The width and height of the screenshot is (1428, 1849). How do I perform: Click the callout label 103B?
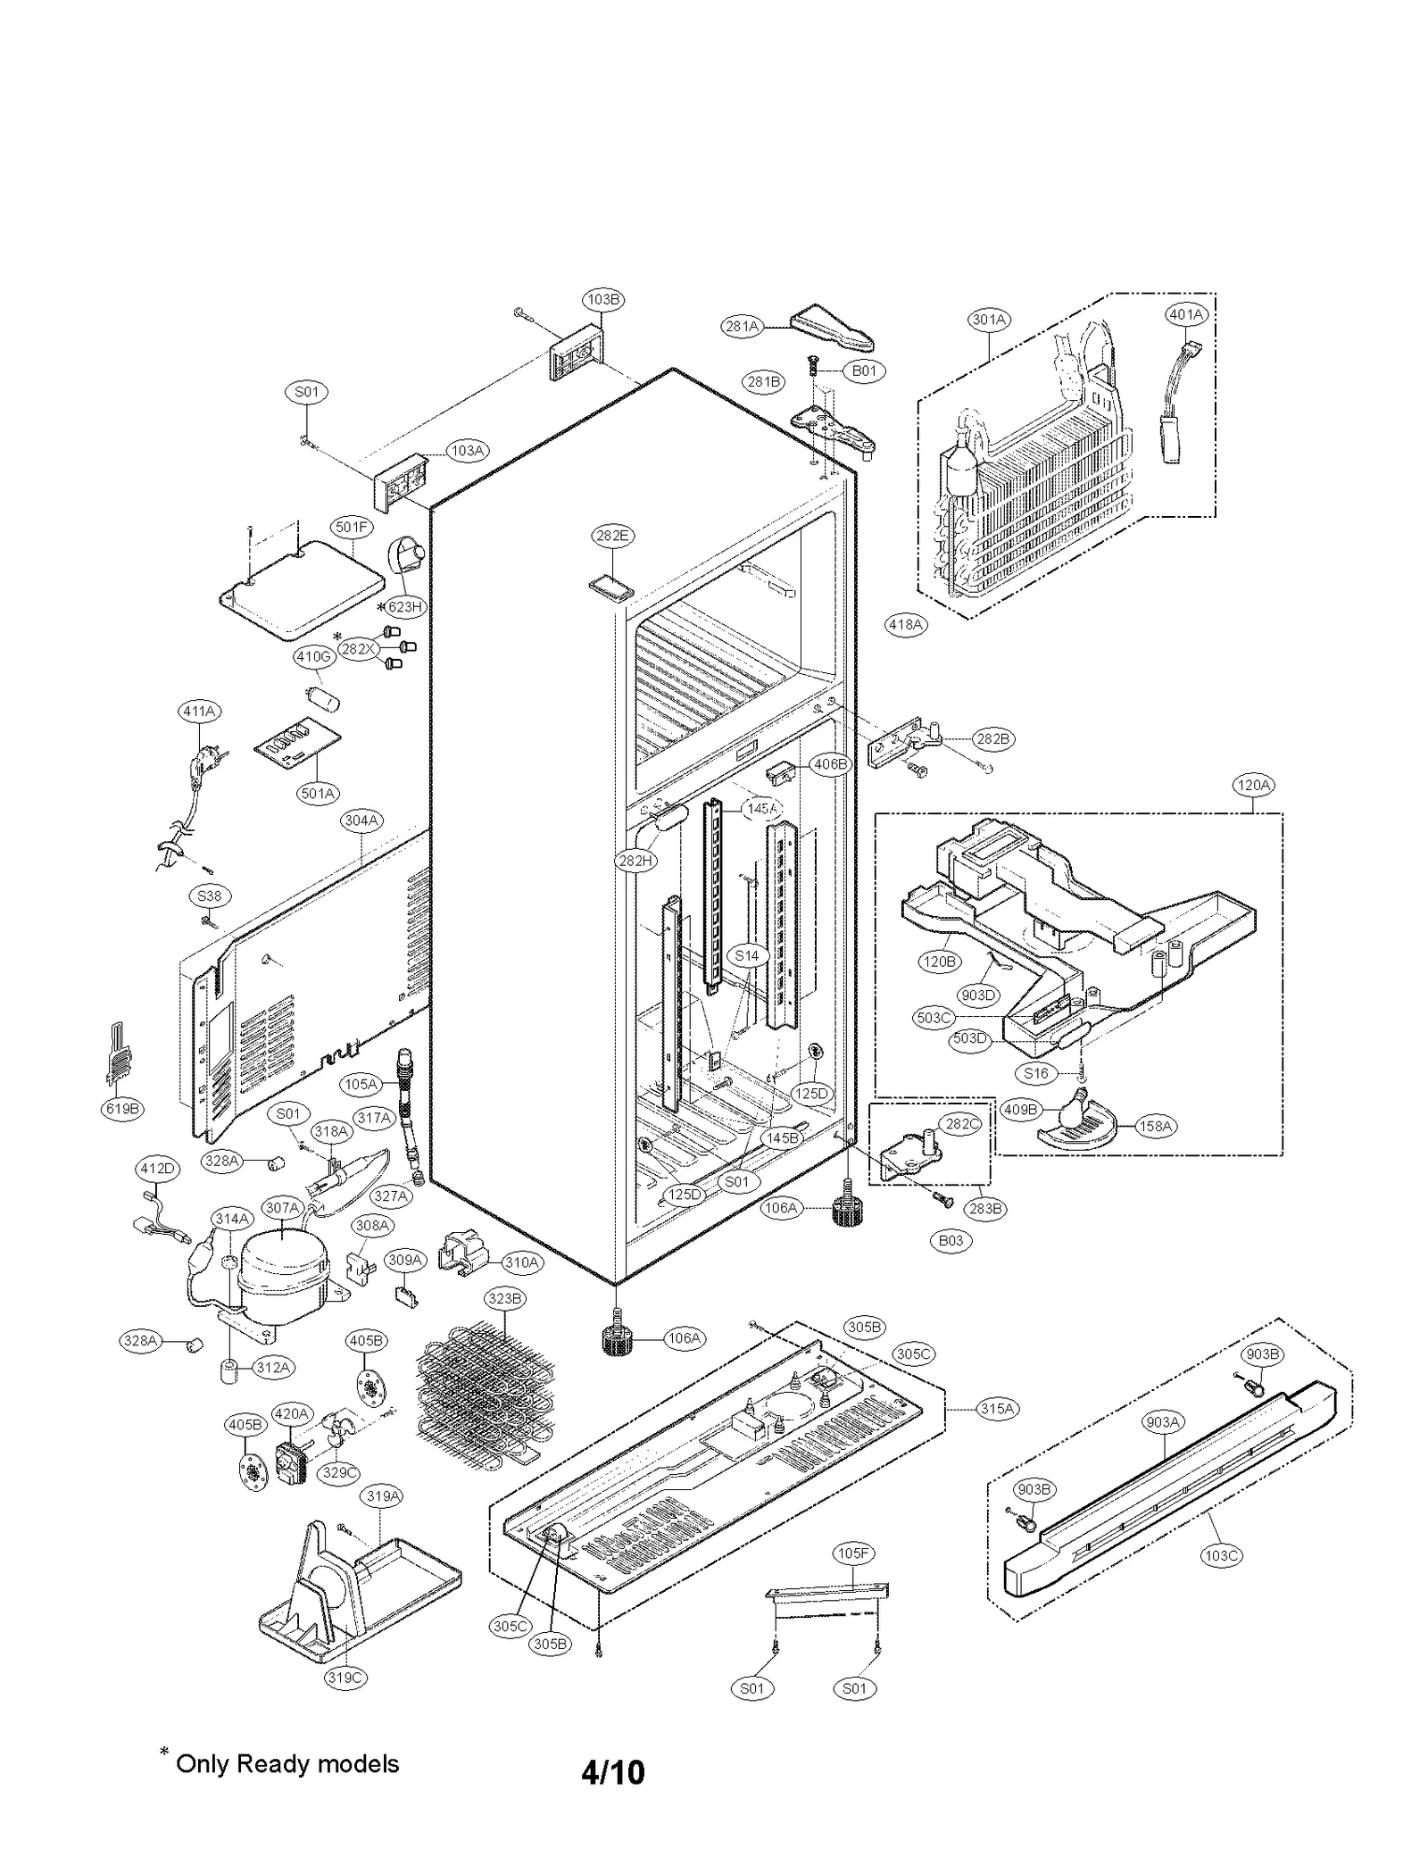point(603,300)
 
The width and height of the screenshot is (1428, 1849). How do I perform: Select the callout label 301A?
point(989,319)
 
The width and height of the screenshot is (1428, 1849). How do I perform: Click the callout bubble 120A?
point(1253,786)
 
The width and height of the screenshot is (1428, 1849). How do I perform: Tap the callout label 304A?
point(361,820)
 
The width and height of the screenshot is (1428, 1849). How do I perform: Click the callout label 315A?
point(997,1408)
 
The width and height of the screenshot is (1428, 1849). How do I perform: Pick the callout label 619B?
point(122,1109)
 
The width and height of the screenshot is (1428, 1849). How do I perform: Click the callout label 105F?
point(853,1553)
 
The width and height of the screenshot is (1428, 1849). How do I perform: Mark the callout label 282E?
point(612,536)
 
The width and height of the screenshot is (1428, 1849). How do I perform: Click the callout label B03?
point(951,1240)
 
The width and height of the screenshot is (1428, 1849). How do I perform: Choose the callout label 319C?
point(345,1678)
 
